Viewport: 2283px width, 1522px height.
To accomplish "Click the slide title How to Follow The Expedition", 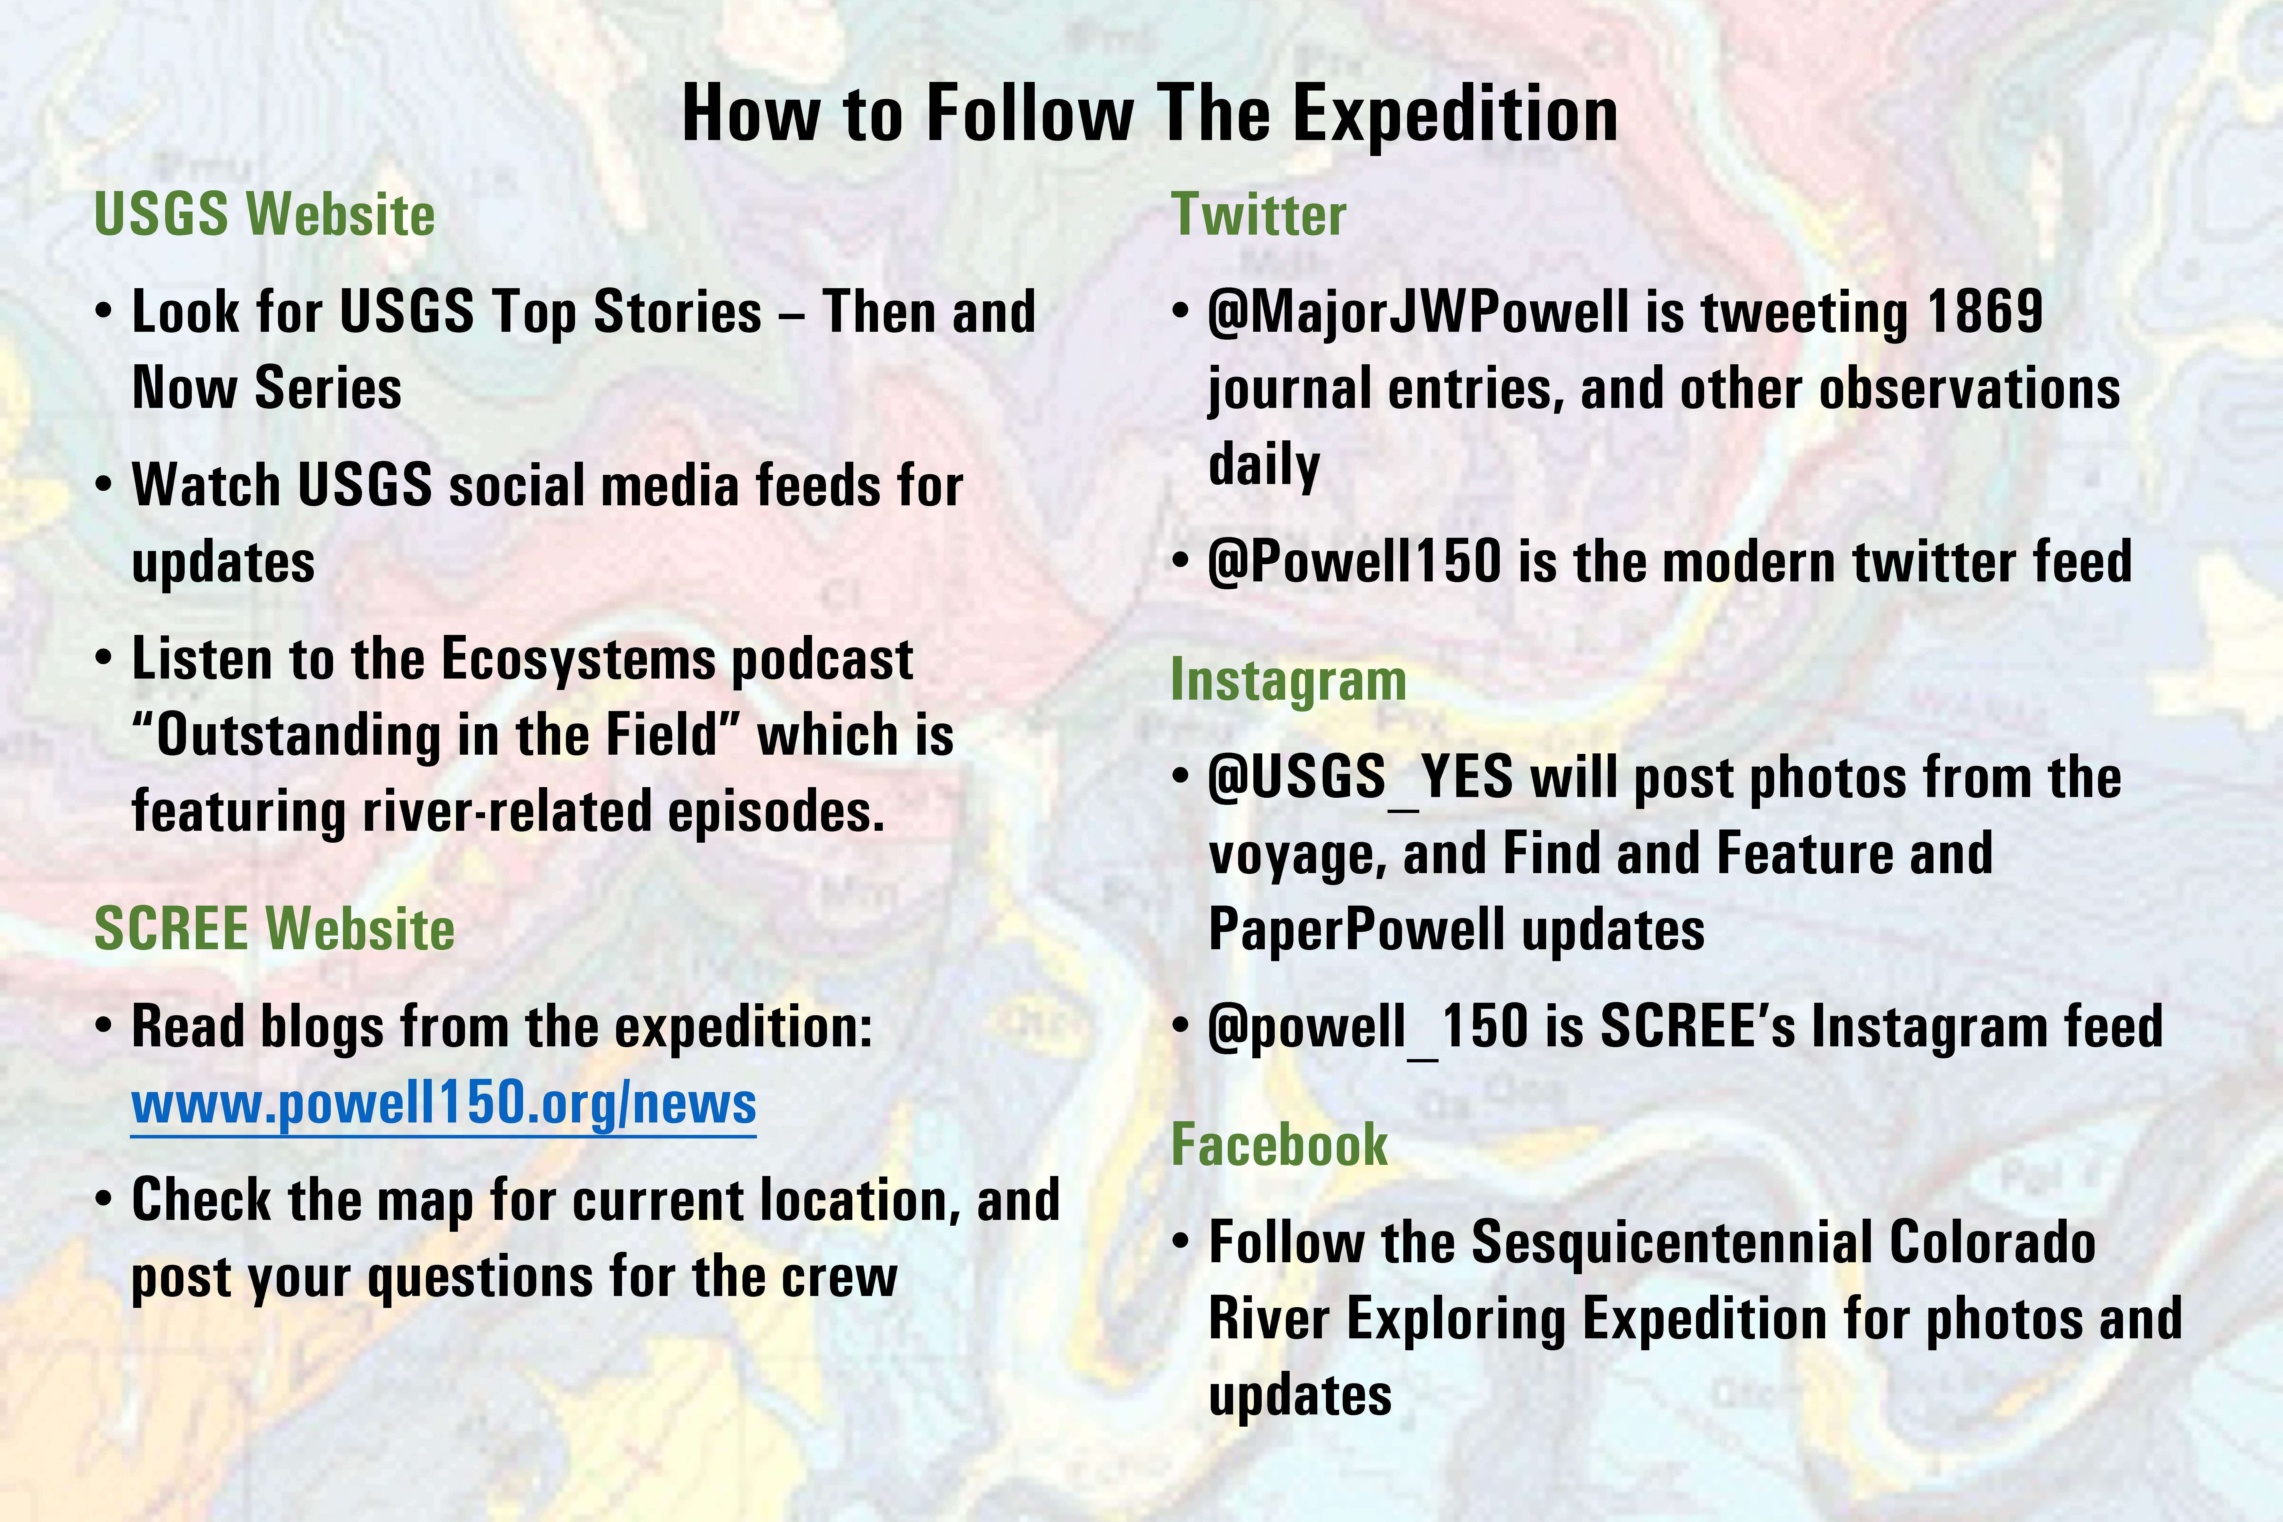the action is click(x=1150, y=115).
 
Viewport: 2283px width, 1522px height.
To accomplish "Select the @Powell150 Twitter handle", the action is click(x=1354, y=561).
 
